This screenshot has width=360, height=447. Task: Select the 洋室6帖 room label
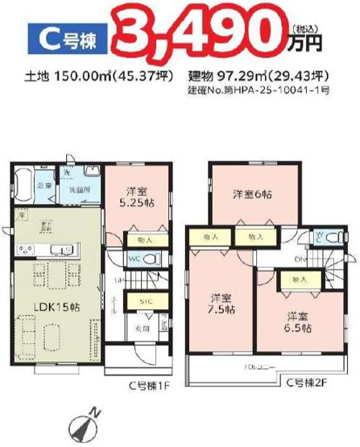click(x=252, y=194)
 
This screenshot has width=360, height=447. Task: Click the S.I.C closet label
click(x=146, y=301)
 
